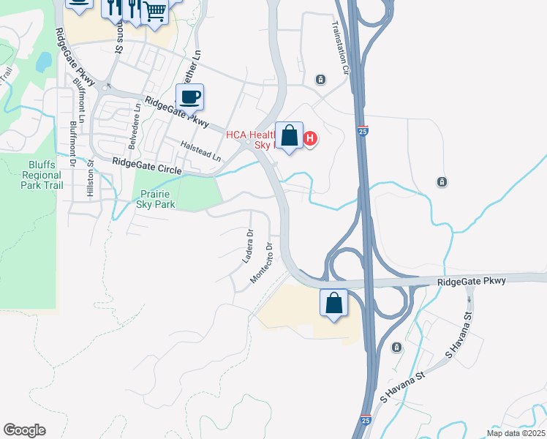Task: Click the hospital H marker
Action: point(309,138)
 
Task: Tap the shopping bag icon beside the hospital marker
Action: point(290,136)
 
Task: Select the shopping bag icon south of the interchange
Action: point(333,303)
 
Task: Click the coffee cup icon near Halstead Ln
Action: point(190,98)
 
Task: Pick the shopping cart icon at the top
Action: point(154,11)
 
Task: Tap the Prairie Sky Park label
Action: point(156,200)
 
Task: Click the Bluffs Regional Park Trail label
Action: point(42,176)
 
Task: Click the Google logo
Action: point(24,430)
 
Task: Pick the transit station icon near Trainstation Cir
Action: point(320,79)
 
